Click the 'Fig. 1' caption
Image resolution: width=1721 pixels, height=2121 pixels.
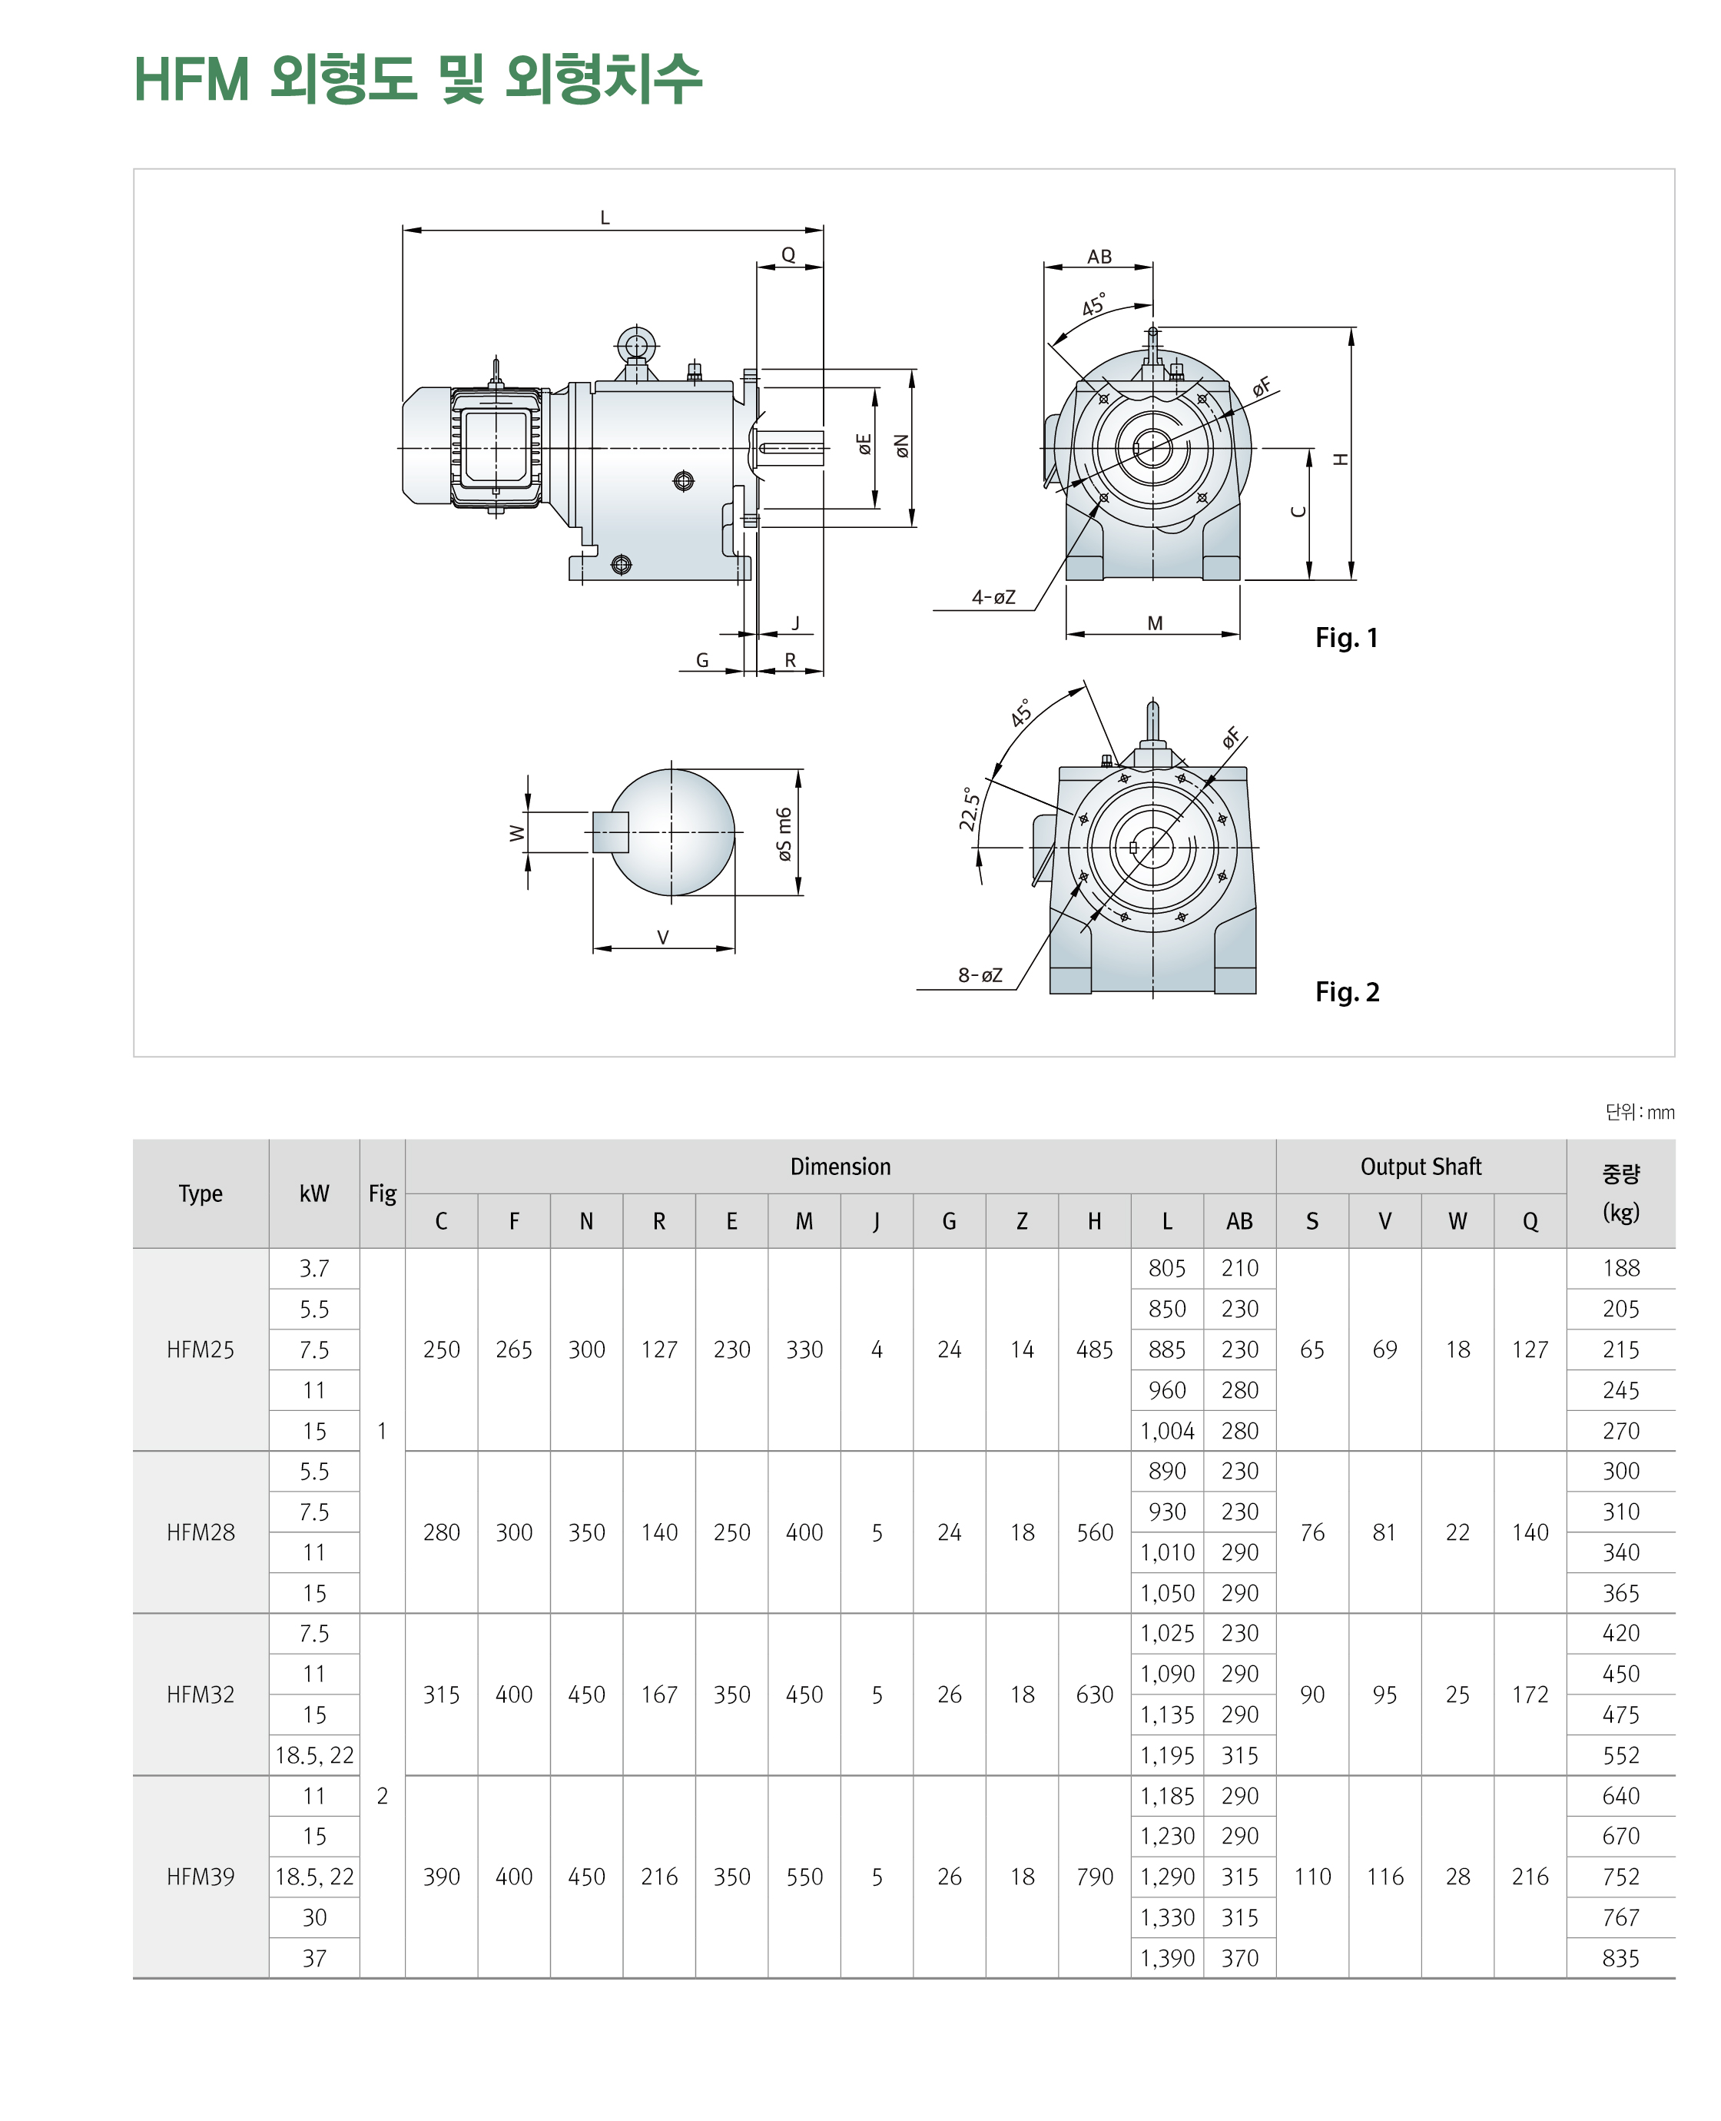pyautogui.click(x=1345, y=638)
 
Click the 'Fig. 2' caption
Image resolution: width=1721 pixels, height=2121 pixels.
pyautogui.click(x=1346, y=991)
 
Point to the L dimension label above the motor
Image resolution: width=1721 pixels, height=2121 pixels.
pyautogui.click(x=605, y=217)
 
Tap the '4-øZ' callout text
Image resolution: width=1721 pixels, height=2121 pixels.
pyautogui.click(x=993, y=597)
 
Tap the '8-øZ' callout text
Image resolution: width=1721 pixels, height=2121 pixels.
pyautogui.click(x=980, y=974)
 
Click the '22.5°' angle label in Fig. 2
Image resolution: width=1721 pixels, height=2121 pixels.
pyautogui.click(x=970, y=808)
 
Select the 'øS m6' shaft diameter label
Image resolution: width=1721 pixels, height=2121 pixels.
pyautogui.click(x=784, y=834)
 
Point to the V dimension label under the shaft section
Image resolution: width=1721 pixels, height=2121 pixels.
pyautogui.click(x=663, y=937)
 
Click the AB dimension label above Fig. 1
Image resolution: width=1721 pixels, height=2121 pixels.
pyautogui.click(x=1099, y=257)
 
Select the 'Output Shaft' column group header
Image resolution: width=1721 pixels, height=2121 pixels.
pyautogui.click(x=1420, y=1166)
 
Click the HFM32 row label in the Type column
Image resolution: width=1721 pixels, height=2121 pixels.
pyautogui.click(x=201, y=1694)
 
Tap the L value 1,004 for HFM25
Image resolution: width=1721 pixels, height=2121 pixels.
pyautogui.click(x=1167, y=1431)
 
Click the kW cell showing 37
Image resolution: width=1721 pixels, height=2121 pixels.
pyautogui.click(x=314, y=1958)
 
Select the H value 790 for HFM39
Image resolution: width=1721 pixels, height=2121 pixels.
pyautogui.click(x=1095, y=1877)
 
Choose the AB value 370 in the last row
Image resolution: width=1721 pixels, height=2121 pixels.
pyautogui.click(x=1239, y=1958)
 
